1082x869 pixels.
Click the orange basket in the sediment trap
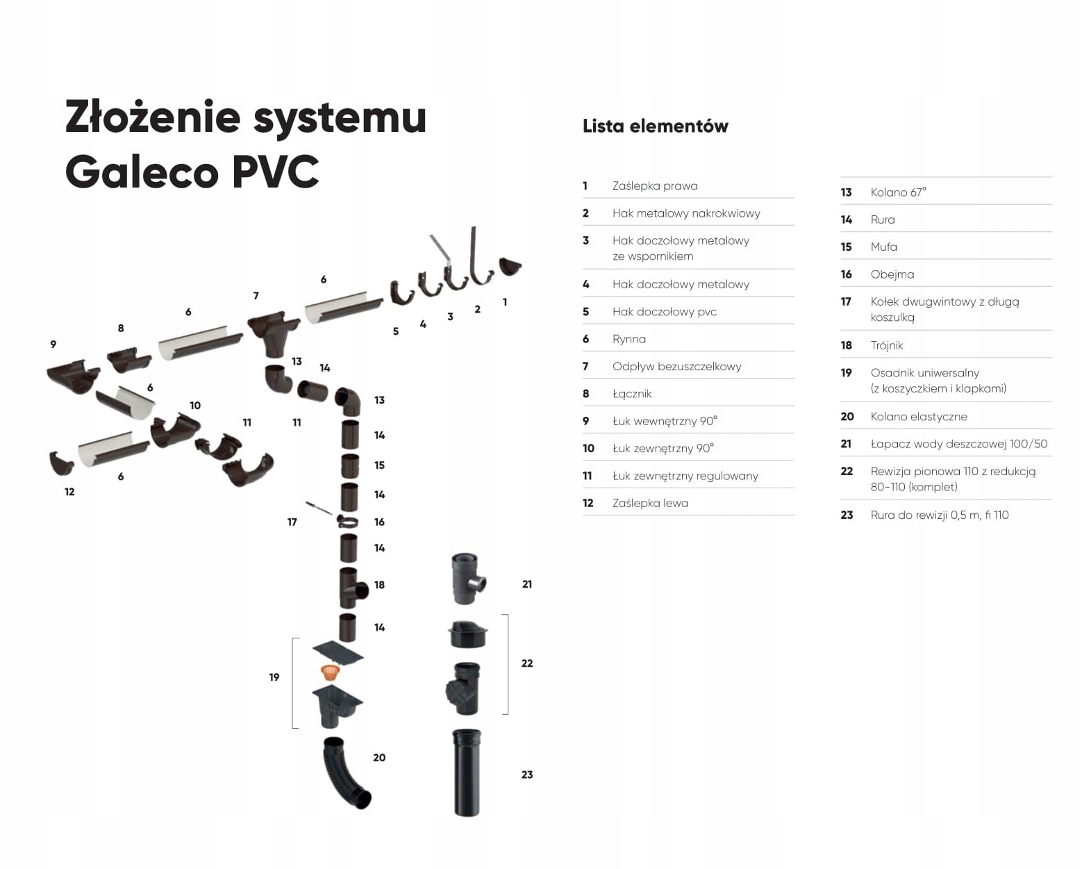click(331, 672)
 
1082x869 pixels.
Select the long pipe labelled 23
click(466, 772)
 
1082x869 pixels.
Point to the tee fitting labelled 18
click(352, 588)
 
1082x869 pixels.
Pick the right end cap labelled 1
click(510, 265)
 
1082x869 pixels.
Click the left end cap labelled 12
click(60, 462)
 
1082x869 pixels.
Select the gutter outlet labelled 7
click(274, 330)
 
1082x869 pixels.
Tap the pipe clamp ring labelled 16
click(348, 522)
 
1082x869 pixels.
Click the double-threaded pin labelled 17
click(319, 508)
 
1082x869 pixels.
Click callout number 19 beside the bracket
click(274, 677)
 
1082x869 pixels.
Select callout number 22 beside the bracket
click(527, 663)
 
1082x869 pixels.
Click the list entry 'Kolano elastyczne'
click(918, 417)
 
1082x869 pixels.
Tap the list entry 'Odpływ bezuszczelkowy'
click(676, 367)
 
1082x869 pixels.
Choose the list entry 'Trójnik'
click(887, 346)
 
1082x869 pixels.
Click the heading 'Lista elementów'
click(655, 126)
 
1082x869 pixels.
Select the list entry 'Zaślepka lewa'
click(650, 504)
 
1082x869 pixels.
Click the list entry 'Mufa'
click(883, 247)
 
